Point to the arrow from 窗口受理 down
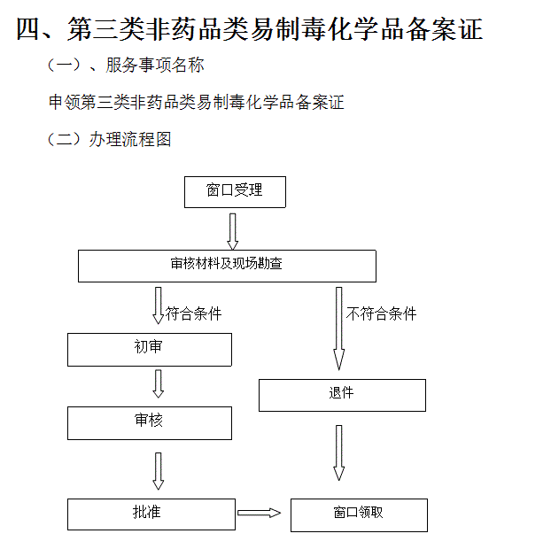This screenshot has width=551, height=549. click(x=233, y=231)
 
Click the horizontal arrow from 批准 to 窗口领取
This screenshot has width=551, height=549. click(x=259, y=513)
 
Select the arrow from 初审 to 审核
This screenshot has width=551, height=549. click(x=159, y=383)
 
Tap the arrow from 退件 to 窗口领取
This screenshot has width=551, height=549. click(x=338, y=452)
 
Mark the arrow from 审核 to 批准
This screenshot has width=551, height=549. click(x=159, y=471)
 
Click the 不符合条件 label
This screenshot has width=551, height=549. click(x=381, y=313)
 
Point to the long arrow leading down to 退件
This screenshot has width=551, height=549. click(x=338, y=329)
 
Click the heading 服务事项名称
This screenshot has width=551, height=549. click(x=155, y=65)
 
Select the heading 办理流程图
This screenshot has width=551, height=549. click(x=130, y=139)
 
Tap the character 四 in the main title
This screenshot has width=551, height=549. click(x=28, y=29)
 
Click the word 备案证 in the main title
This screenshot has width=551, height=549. click(x=445, y=29)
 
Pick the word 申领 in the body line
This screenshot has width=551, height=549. click(x=65, y=102)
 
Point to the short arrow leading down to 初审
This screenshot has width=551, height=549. click(x=159, y=305)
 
